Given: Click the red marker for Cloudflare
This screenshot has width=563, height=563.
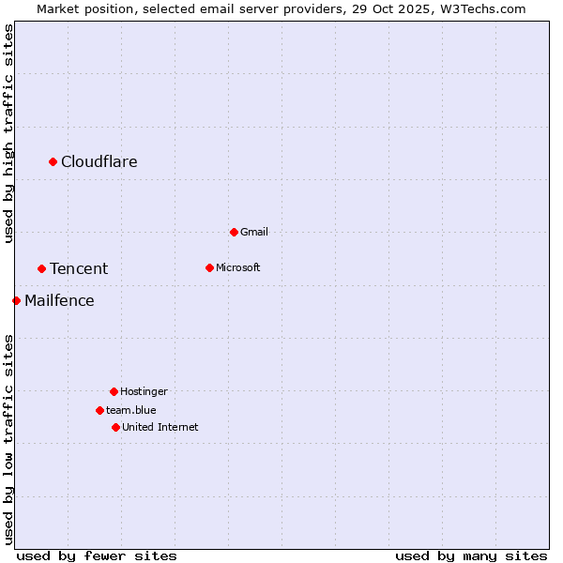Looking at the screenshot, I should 53,161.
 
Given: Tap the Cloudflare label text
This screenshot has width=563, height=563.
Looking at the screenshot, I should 99,161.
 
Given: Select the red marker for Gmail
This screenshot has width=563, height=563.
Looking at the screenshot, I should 234,232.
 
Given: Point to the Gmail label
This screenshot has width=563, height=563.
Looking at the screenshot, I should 254,232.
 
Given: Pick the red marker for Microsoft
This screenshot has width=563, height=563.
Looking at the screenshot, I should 209,267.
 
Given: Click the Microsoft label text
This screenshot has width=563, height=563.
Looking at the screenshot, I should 238,267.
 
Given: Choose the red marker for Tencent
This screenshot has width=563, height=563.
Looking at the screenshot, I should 41,268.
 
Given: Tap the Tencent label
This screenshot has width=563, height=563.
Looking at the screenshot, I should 79,268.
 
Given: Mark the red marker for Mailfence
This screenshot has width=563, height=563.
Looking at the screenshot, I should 16,300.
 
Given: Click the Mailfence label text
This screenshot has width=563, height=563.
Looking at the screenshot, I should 59,300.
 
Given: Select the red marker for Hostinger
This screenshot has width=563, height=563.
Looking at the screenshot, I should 114,391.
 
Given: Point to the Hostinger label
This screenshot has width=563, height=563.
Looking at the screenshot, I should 144,391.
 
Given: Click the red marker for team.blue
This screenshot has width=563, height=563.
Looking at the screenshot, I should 99,410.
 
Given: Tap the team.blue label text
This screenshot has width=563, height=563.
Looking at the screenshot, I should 131,410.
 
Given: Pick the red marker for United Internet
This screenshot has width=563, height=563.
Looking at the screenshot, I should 115,427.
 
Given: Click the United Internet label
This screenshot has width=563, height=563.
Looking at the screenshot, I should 160,427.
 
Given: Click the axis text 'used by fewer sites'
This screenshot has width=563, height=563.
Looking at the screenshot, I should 97,555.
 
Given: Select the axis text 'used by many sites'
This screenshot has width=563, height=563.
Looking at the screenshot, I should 471,555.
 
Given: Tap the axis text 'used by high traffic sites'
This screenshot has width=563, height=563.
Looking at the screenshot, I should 9,133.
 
